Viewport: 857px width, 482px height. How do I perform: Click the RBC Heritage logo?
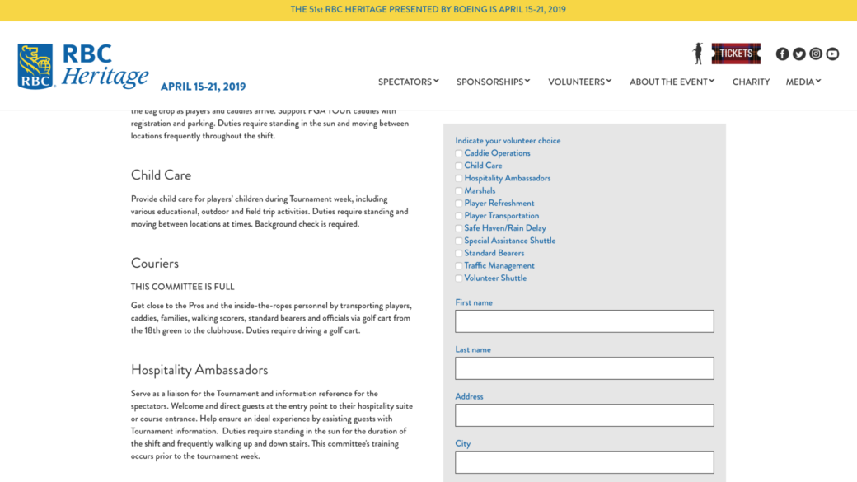(82, 66)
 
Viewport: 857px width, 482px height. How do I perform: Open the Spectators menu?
(408, 82)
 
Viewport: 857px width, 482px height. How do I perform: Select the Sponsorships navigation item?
(493, 82)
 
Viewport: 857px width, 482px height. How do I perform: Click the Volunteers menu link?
(579, 82)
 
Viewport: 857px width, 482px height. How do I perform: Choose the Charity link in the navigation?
(751, 82)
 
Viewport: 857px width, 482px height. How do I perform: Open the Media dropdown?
(803, 82)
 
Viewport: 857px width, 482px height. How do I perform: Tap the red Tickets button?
(736, 54)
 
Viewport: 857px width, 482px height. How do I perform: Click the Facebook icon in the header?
(782, 54)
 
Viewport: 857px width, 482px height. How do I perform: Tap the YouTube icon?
(832, 54)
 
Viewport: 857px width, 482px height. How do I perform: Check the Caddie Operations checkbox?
(459, 153)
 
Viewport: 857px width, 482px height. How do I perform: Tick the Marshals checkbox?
(459, 191)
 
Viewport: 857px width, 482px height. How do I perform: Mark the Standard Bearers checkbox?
(459, 254)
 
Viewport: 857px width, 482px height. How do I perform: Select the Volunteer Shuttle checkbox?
(459, 278)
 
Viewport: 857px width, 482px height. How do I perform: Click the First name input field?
(584, 321)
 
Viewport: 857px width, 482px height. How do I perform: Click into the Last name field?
(584, 368)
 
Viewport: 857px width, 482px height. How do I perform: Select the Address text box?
(584, 415)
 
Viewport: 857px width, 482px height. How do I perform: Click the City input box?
(584, 462)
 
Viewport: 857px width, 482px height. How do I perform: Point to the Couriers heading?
(155, 264)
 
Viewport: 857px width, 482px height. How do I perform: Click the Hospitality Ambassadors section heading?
(199, 370)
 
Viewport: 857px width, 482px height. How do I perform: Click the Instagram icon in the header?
(816, 54)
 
